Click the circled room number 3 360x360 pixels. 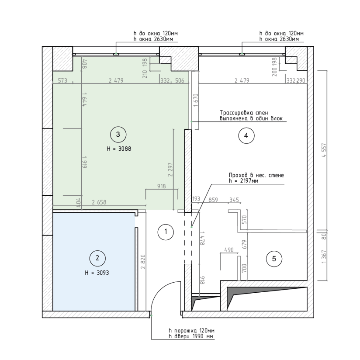[x=118, y=135]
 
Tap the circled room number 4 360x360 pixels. [x=246, y=136]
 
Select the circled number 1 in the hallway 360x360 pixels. [x=166, y=232]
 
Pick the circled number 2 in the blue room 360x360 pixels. [x=97, y=259]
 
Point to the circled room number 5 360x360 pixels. [x=274, y=259]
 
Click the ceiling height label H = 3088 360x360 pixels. [x=119, y=149]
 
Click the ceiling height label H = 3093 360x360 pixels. [x=97, y=273]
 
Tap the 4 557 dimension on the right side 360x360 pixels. [x=324, y=150]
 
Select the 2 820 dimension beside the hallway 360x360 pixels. [x=143, y=262]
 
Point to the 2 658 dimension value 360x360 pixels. [x=99, y=202]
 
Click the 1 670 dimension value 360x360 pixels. [x=196, y=100]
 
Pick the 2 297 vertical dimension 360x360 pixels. [x=170, y=170]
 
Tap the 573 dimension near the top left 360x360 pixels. [x=62, y=80]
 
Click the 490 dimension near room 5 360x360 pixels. [x=229, y=250]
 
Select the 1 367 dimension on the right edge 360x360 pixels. [x=324, y=257]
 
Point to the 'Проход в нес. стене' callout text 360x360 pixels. [x=256, y=175]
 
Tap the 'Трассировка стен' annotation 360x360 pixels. [x=244, y=113]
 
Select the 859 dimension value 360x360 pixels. [x=213, y=200]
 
